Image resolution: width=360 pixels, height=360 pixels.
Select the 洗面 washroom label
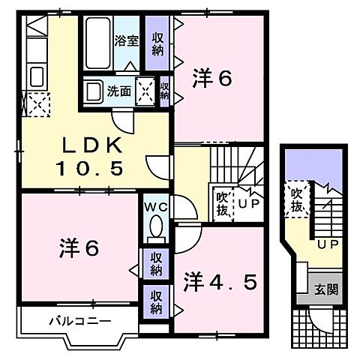coord(118,91)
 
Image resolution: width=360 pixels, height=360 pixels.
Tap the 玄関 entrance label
coord(319,288)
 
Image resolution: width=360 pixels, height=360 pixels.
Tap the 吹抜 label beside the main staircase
coord(222,202)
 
